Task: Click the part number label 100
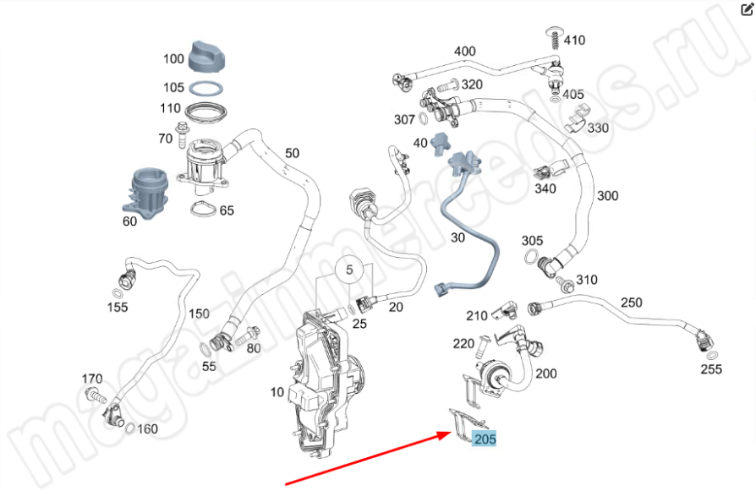173,59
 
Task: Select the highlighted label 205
485,439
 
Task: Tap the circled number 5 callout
348,271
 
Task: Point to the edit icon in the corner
747,9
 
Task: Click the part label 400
464,51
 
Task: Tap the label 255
712,368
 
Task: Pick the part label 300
607,196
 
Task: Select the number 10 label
277,391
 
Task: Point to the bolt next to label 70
182,132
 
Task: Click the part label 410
574,40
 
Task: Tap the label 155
118,307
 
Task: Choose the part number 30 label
457,237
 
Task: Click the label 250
632,302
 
